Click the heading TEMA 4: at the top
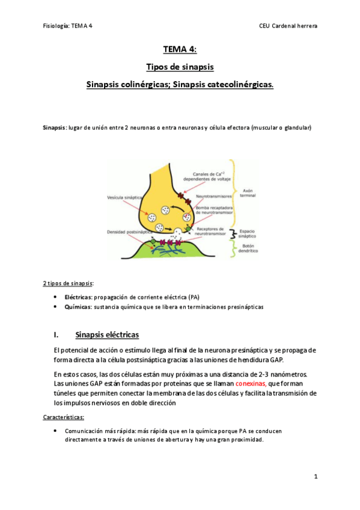pyautogui.click(x=180, y=50)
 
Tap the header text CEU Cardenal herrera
pyautogui.click(x=288, y=26)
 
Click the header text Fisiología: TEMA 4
pyautogui.click(x=69, y=26)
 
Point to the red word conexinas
pyautogui.click(x=251, y=382)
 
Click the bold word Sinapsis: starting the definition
pyautogui.click(x=55, y=128)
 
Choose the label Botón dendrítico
pyautogui.click(x=248, y=248)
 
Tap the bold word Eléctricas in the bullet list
pyautogui.click(x=78, y=297)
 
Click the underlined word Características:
pyautogui.click(x=64, y=416)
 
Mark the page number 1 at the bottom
pyautogui.click(x=315, y=476)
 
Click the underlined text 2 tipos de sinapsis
pyautogui.click(x=68, y=283)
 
